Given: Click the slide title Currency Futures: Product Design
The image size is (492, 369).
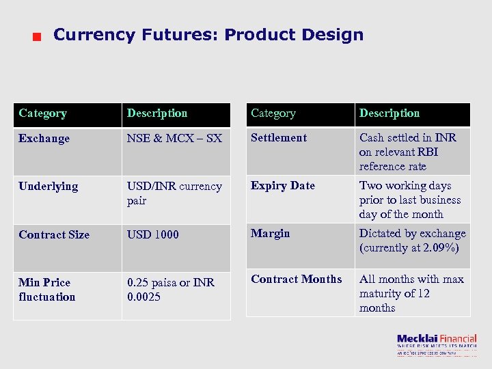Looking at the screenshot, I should click(x=208, y=35).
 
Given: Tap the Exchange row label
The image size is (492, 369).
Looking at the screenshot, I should click(x=44, y=139).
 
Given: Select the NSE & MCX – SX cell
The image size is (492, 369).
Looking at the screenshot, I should click(x=174, y=139).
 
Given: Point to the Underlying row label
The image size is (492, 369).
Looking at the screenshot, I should click(x=49, y=187).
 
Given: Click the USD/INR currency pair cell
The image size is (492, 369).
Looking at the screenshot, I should click(x=174, y=193).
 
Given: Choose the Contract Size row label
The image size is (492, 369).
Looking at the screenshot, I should click(x=54, y=234).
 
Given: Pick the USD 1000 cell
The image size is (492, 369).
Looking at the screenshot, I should click(x=153, y=234).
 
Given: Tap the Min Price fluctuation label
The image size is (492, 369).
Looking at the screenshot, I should click(x=47, y=290).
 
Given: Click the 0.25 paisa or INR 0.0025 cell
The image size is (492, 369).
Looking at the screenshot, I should click(x=171, y=290).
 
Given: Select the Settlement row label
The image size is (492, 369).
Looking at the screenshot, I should click(x=279, y=138).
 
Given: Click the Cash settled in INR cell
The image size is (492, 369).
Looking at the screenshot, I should click(x=408, y=152).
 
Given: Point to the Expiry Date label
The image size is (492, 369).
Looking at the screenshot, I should click(x=283, y=186).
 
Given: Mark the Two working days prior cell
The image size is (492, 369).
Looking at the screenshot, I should click(x=410, y=200).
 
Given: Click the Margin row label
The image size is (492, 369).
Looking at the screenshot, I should click(x=271, y=234).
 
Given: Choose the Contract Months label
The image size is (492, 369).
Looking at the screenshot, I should click(x=297, y=279).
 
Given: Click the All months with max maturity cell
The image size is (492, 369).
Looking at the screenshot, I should click(x=411, y=293).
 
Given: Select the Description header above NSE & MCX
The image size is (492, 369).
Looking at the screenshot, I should click(x=157, y=113).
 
